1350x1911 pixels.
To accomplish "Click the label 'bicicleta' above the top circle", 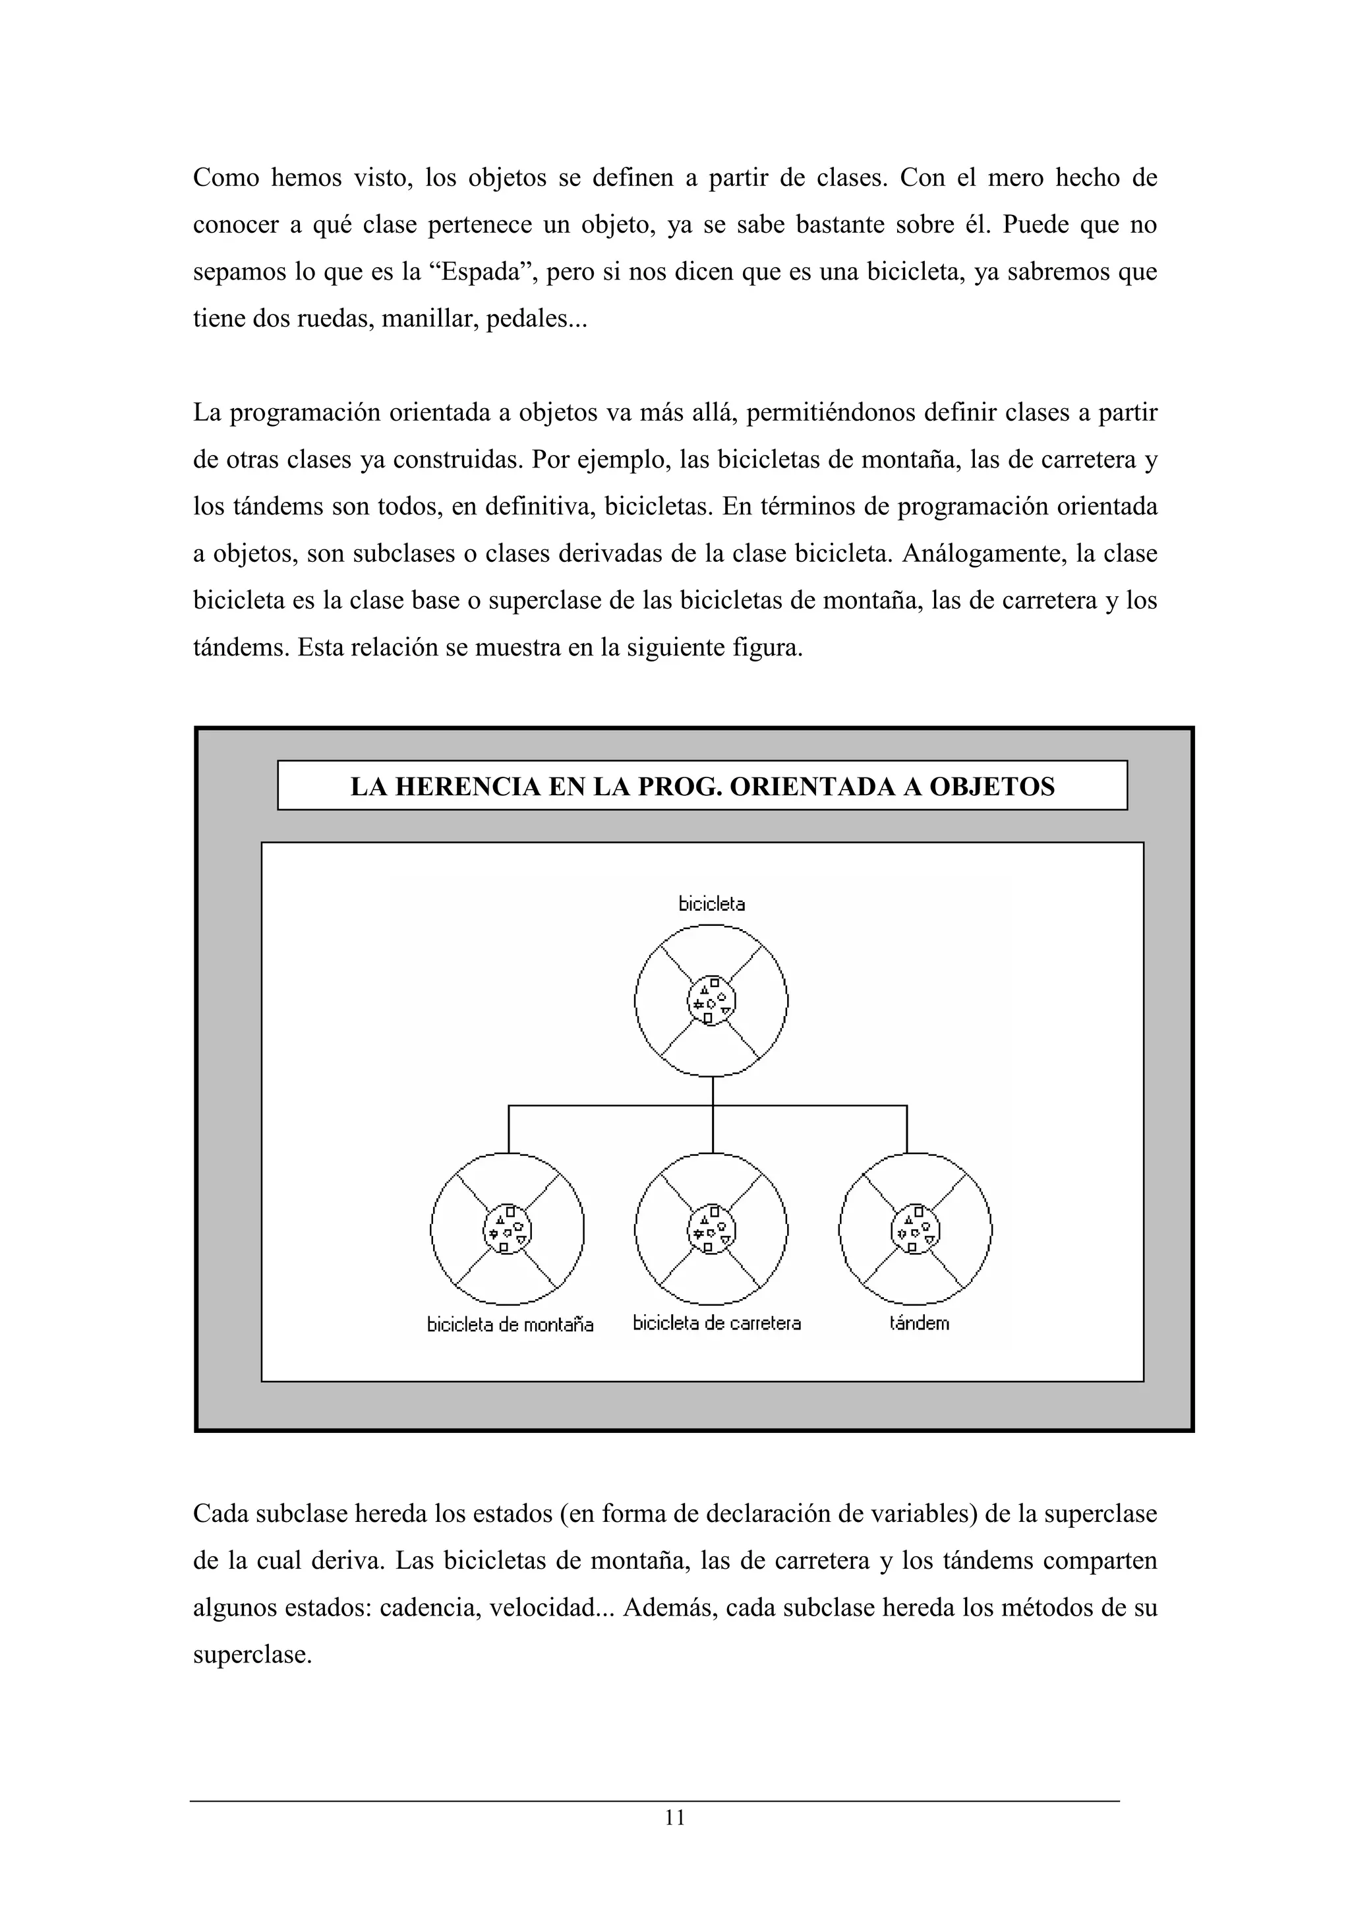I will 711,904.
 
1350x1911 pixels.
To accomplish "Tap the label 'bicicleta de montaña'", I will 510,1324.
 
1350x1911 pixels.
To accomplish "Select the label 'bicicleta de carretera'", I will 716,1323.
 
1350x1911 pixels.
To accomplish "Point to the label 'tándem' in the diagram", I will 918,1323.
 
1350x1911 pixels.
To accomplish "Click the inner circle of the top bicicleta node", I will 711,1000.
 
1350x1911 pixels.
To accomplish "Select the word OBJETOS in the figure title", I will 991,787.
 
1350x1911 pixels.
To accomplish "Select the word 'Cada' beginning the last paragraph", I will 220,1513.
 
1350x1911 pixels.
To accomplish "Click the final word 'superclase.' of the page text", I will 252,1654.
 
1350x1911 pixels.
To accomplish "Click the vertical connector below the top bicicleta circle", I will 713,1092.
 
